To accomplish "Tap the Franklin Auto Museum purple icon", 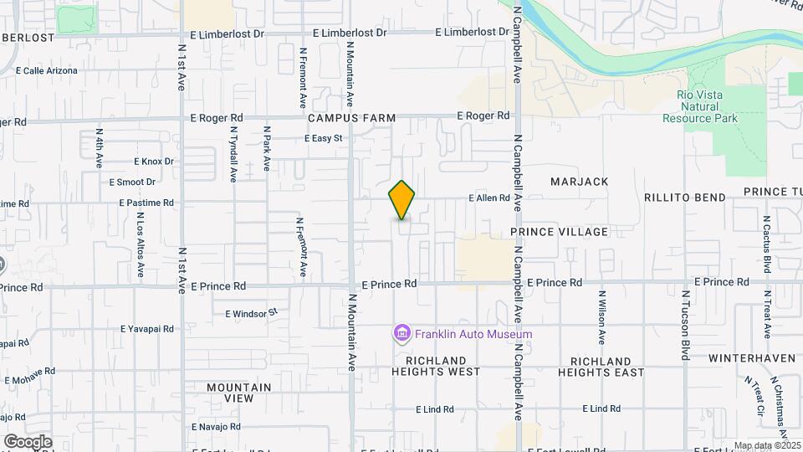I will [402, 335].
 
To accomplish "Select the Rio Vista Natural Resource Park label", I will [700, 106].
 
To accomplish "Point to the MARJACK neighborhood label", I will [579, 182].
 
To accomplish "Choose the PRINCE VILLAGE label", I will [559, 231].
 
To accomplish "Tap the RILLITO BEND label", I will [684, 198].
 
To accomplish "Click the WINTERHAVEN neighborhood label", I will [751, 358].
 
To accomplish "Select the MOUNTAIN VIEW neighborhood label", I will [239, 393].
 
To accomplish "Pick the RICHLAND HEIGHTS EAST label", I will [601, 367].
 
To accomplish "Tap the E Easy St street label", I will [324, 138].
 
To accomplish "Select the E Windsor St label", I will [251, 314].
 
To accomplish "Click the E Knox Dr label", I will [153, 162].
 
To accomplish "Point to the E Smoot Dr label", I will [132, 182].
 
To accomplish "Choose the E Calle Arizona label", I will [46, 71].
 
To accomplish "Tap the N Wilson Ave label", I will [601, 317].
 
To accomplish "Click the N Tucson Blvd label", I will [686, 325].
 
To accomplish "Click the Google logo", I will [28, 441].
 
